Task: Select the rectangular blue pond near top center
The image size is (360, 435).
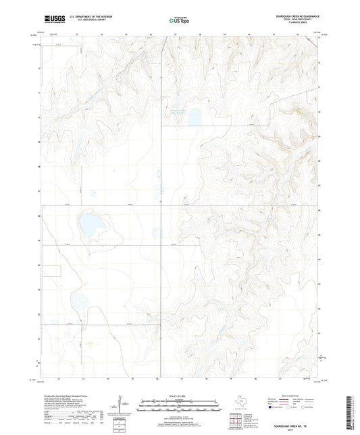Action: (x=195, y=118)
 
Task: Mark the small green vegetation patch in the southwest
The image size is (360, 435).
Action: (x=91, y=345)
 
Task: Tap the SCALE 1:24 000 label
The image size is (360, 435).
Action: (x=180, y=396)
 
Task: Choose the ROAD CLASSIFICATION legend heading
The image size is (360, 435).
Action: (x=294, y=394)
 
